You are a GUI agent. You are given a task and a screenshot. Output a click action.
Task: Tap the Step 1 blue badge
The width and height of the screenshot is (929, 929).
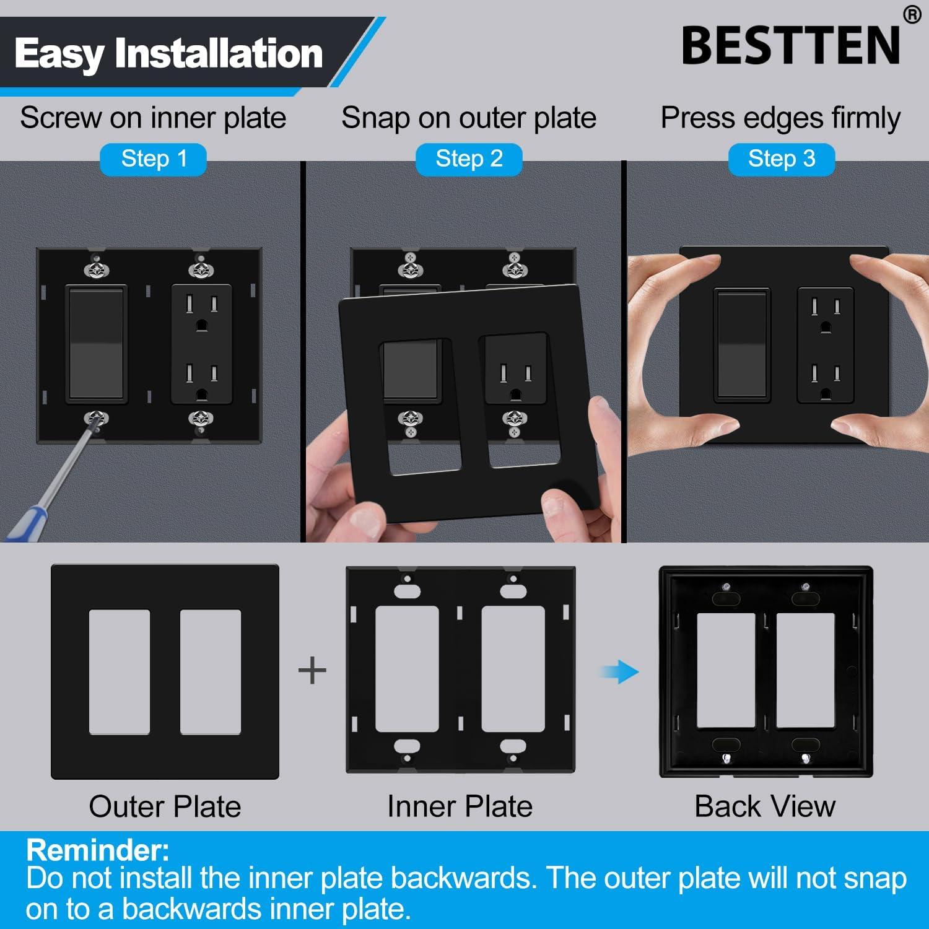tap(154, 159)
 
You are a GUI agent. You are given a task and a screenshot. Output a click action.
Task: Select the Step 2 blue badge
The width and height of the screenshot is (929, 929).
tap(469, 159)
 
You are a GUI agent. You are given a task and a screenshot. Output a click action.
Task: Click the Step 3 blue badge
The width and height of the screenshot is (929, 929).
tap(782, 159)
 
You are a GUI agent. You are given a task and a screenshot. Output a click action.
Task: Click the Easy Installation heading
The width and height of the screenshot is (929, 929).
tap(168, 53)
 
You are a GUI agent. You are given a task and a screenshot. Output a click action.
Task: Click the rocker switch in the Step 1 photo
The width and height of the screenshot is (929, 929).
tap(96, 344)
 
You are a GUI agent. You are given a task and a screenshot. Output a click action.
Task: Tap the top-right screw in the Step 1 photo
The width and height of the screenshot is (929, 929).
tap(201, 269)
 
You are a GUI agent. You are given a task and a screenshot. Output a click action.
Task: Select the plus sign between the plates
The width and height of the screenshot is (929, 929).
tap(312, 671)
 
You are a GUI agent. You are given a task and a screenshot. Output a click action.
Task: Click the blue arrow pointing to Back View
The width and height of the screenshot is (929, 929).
tap(619, 671)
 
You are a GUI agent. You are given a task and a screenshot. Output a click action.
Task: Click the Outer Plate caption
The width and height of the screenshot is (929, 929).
tap(165, 806)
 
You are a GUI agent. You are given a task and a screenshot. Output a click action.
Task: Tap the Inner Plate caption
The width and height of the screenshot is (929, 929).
tap(460, 806)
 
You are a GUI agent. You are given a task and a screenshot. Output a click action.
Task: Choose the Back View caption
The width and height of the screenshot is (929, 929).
tap(765, 806)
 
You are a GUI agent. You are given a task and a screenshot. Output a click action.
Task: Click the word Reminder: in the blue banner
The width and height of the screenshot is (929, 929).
tap(98, 850)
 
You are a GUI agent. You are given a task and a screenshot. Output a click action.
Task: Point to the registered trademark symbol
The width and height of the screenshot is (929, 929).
tap(912, 15)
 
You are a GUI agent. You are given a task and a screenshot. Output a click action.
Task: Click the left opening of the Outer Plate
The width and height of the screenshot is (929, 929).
tap(120, 672)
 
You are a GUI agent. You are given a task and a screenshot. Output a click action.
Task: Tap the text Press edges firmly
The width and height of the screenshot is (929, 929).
tap(780, 118)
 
